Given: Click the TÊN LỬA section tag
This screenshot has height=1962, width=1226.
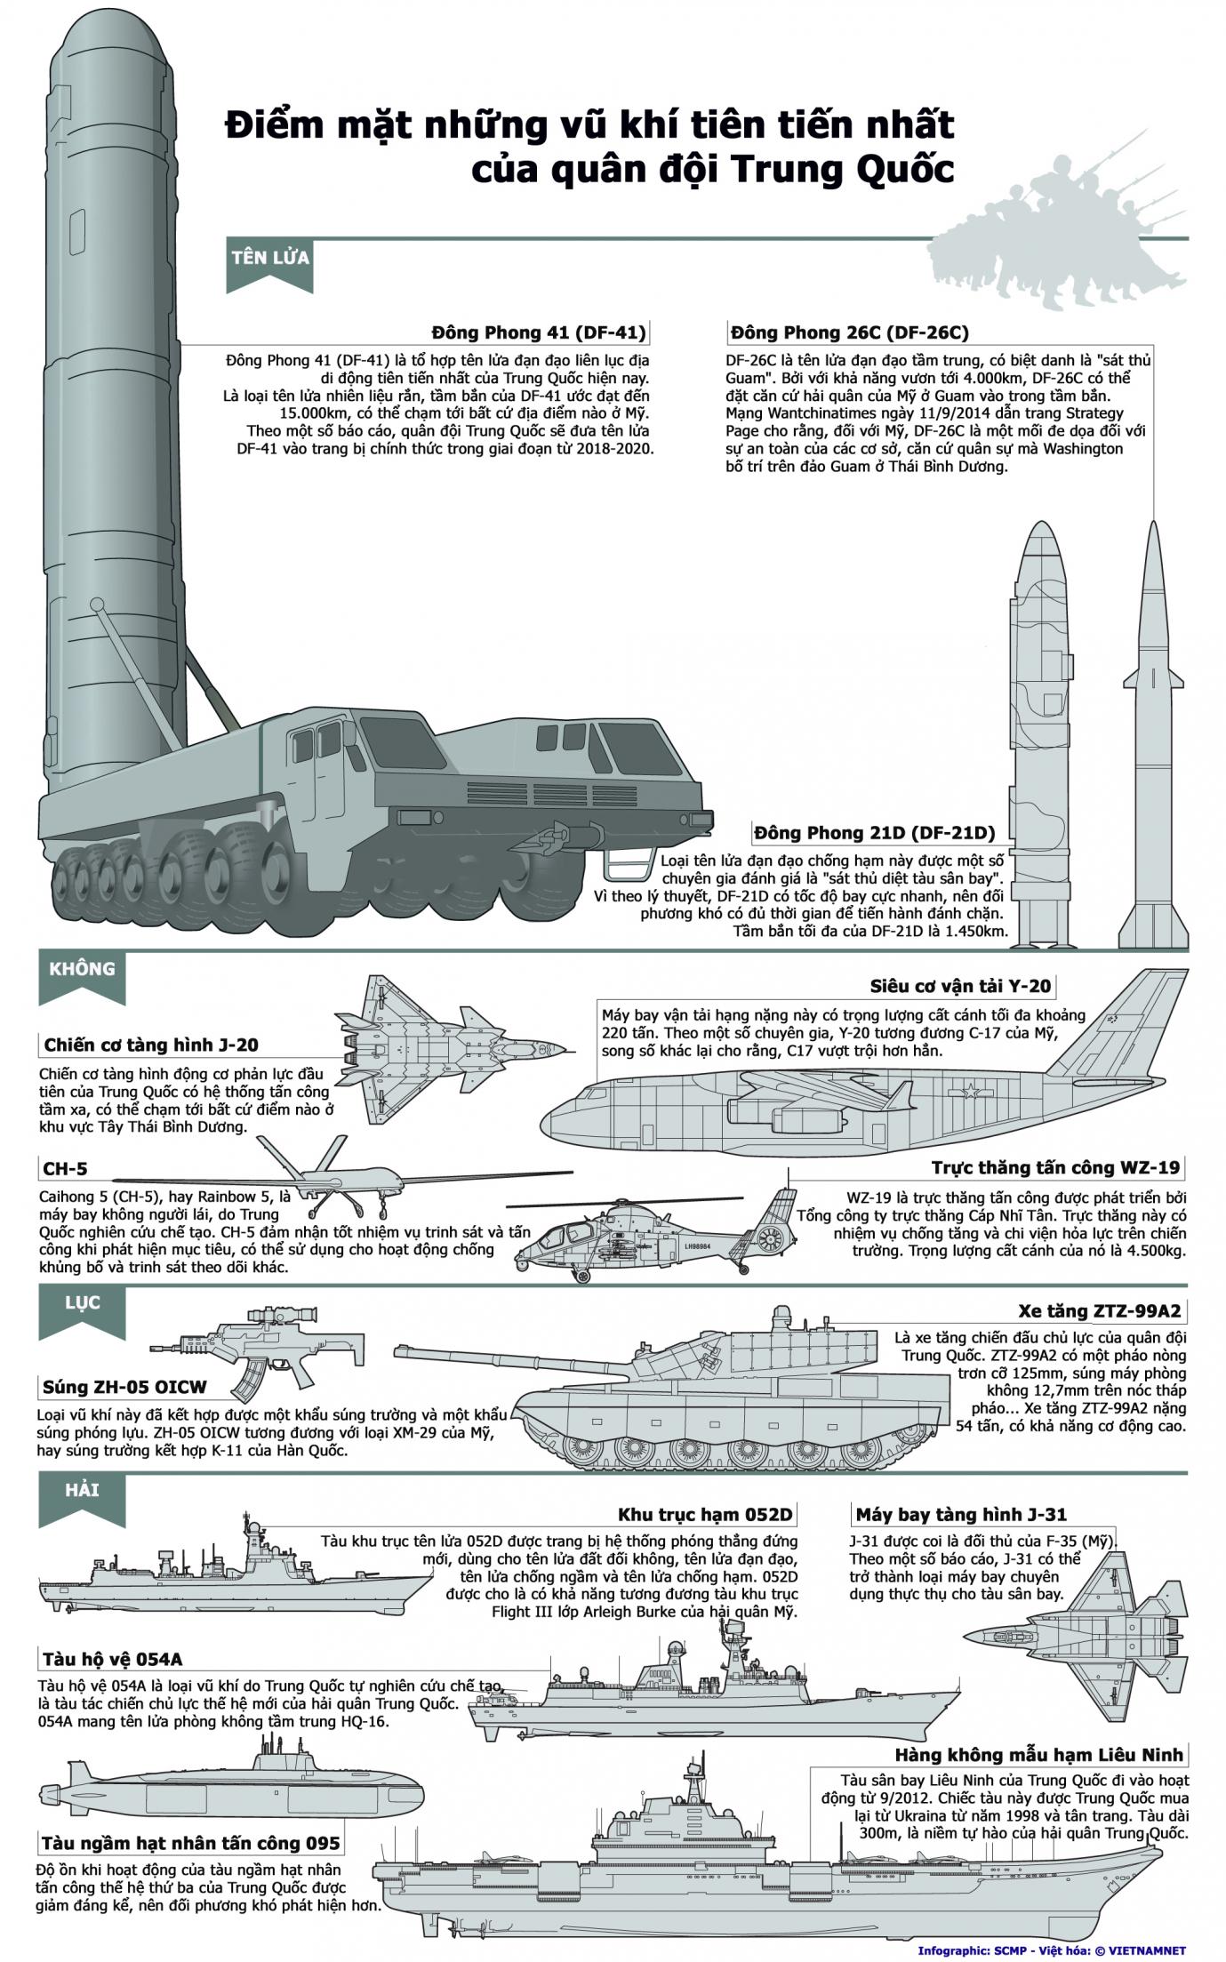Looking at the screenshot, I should coord(269,258).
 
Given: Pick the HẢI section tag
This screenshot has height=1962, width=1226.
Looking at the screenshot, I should coord(80,1489).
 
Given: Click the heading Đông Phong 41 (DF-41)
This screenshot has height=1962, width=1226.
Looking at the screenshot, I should coord(539,333).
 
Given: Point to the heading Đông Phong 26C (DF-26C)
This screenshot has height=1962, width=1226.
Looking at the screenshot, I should coord(849,333).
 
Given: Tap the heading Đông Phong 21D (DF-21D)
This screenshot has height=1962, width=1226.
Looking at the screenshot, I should coord(874,833).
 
